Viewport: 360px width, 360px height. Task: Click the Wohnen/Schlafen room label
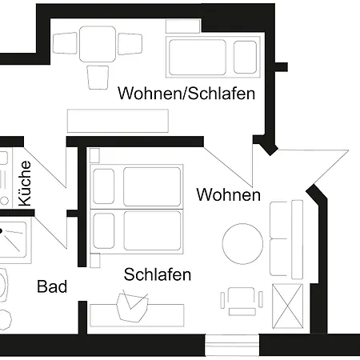pos(186,94)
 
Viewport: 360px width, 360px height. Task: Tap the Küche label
pos(25,183)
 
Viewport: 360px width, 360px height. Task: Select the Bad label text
pos(52,286)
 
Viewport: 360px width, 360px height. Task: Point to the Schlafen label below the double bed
pos(158,274)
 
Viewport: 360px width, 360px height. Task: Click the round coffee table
pos(242,244)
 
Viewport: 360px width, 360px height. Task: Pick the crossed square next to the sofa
pos(287,306)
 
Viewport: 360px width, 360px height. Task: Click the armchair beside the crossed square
pos(242,301)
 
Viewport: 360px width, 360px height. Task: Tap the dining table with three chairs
pos(98,44)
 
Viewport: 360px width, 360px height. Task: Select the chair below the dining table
pos(98,78)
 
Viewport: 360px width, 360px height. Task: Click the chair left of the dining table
pos(65,43)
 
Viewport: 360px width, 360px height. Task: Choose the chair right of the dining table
pos(130,44)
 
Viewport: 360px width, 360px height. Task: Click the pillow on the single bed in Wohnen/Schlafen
pos(245,57)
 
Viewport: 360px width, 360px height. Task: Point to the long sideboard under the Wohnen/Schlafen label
pos(118,121)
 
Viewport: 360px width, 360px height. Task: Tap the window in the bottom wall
pos(232,345)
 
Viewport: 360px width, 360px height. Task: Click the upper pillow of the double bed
pos(104,186)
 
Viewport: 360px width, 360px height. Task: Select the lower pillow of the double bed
pos(104,231)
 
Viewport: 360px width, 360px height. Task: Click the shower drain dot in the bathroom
pos(1,231)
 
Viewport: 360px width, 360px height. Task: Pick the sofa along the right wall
pos(286,239)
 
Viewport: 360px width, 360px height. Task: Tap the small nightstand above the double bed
pos(94,155)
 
